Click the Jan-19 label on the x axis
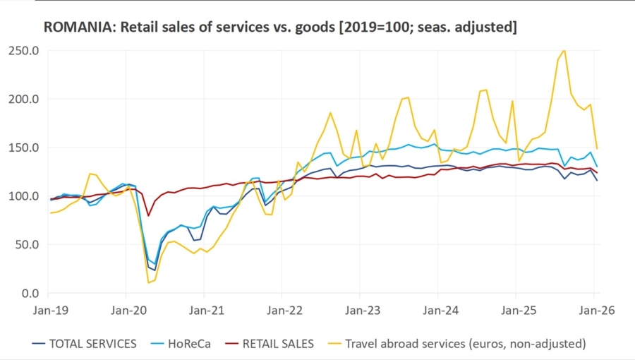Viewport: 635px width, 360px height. [49, 309]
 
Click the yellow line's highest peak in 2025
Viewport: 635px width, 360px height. [564, 50]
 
